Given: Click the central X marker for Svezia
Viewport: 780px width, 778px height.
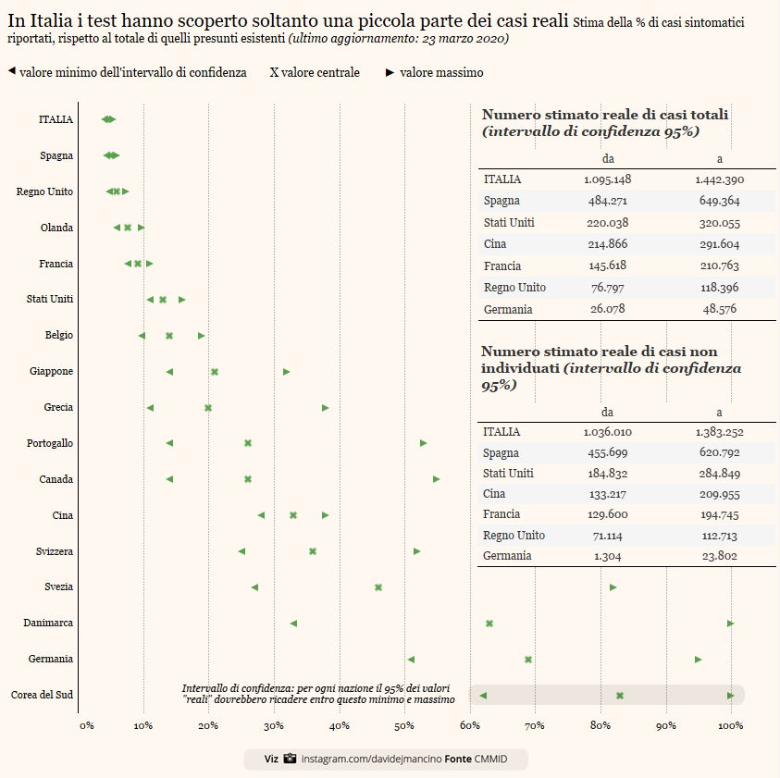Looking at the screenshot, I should (378, 587).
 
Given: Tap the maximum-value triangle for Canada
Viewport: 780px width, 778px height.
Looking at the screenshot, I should (437, 479).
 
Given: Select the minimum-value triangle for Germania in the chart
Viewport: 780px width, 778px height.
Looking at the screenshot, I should (411, 660).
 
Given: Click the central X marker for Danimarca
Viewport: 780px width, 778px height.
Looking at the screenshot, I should (489, 624).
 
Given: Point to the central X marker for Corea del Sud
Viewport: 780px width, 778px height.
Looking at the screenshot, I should (620, 696).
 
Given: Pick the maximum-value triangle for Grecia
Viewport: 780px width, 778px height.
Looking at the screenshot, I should (326, 408).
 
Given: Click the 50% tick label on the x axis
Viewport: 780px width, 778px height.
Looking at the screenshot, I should (404, 725).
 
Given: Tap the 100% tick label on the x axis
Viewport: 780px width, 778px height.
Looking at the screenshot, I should (730, 725).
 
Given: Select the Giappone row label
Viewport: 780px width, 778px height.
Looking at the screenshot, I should (51, 372).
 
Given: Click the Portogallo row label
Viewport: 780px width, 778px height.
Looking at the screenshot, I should (50, 444).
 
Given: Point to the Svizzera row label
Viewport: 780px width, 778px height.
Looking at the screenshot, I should (55, 552).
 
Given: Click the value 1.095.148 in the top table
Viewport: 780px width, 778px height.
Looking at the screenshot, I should (608, 179).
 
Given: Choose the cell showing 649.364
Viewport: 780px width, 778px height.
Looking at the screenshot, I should (720, 201).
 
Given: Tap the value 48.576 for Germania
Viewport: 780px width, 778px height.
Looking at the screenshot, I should (720, 309).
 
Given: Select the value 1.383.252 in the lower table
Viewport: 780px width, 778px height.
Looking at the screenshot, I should (720, 432).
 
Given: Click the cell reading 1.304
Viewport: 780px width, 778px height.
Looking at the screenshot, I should (607, 556).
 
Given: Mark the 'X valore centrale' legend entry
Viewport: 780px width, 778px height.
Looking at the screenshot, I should (315, 72).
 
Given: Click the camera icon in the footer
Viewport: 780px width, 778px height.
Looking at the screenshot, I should (290, 759).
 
